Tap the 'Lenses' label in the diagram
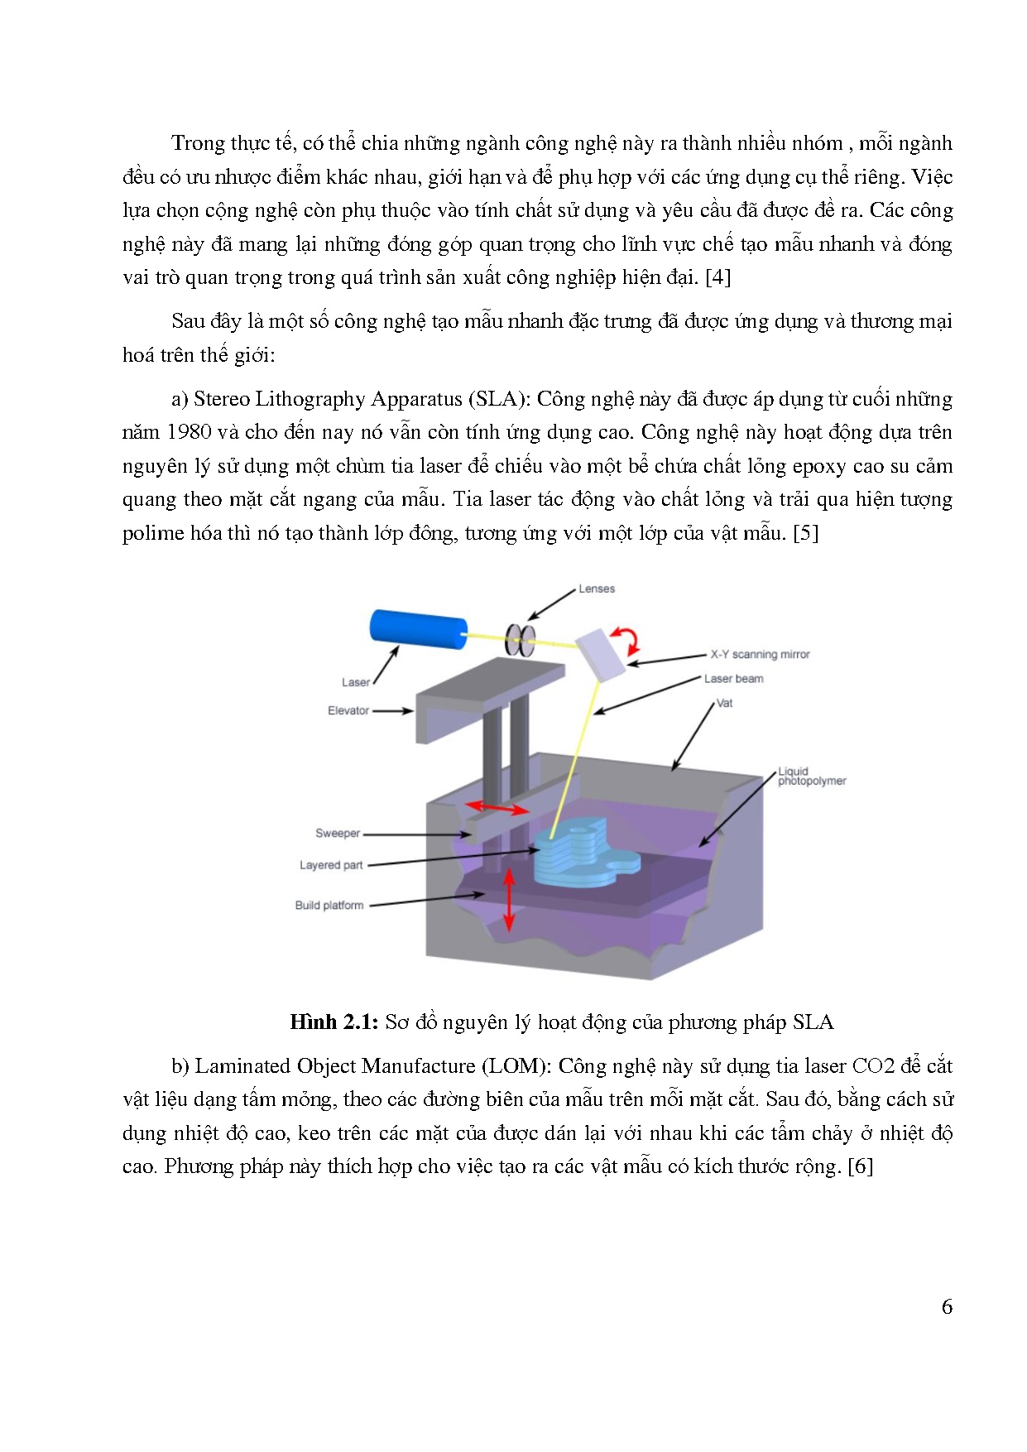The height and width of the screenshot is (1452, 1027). [597, 589]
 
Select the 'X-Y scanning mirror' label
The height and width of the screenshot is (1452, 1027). [760, 654]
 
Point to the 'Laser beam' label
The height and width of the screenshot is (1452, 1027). [733, 679]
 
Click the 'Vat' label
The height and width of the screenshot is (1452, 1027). [724, 703]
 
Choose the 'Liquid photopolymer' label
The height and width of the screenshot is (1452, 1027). [811, 776]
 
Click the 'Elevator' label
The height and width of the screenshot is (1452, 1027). [348, 710]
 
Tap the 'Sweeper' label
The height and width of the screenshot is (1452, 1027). [338, 833]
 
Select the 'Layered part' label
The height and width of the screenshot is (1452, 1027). [331, 865]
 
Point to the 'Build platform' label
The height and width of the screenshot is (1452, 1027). [329, 905]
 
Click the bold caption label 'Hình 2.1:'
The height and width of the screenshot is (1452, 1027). [334, 1022]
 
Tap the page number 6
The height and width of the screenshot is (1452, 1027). [947, 1307]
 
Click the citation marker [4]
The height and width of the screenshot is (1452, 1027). [717, 277]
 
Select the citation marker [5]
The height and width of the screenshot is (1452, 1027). [805, 533]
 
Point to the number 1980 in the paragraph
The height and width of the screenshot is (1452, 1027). [190, 432]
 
